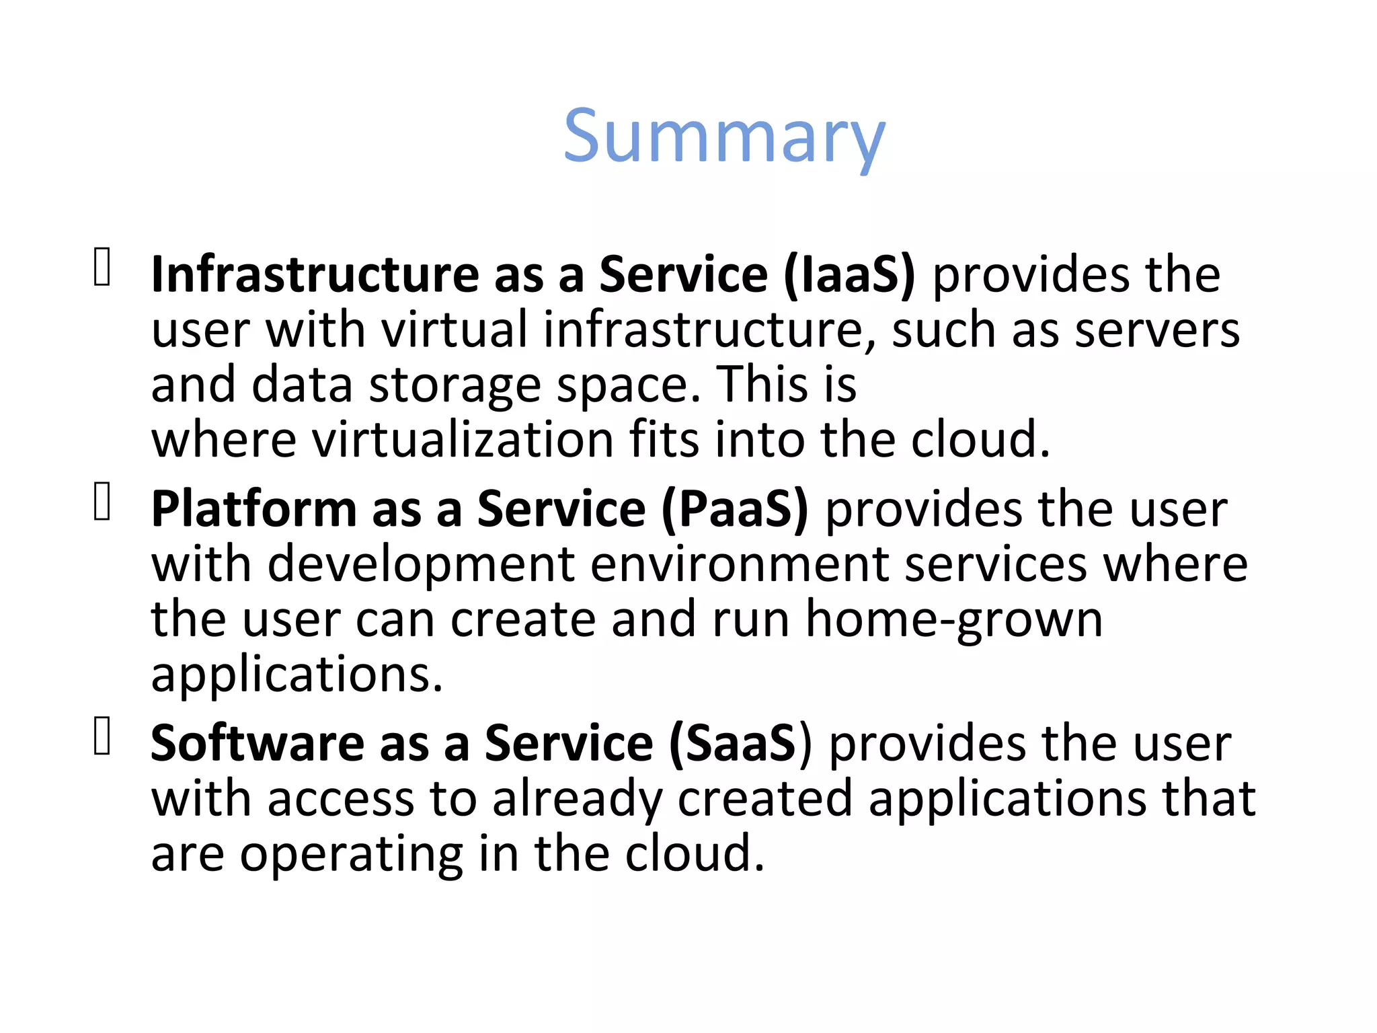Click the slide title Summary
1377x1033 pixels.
[x=724, y=138]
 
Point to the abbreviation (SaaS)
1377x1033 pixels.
[x=740, y=744]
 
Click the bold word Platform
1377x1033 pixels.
[x=253, y=509]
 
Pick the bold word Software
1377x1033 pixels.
[x=257, y=744]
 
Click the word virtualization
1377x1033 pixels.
[x=463, y=440]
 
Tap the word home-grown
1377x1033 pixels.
[x=954, y=619]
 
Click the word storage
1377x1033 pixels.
[x=455, y=385]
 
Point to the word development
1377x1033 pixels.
[x=422, y=564]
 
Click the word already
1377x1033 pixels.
[x=578, y=800]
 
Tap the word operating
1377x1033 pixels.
[x=351, y=855]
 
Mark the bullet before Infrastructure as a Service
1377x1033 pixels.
[x=102, y=268]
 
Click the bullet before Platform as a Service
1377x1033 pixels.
[x=102, y=502]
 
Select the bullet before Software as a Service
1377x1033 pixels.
[x=102, y=736]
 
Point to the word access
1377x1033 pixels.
[x=341, y=800]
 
